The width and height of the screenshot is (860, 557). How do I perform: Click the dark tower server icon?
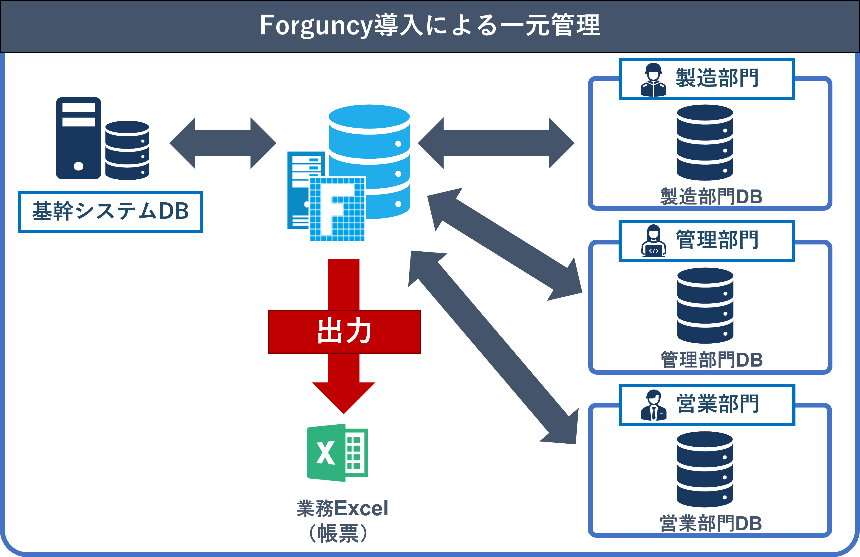point(78,138)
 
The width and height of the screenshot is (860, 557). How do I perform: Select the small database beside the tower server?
point(127,150)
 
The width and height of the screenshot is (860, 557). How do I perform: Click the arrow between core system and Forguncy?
point(223,143)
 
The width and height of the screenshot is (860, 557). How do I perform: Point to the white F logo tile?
point(338,209)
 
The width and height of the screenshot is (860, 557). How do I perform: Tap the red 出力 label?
point(344,331)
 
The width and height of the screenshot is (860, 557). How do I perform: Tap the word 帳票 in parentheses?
point(338,533)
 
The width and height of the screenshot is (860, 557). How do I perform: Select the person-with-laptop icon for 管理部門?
point(653,241)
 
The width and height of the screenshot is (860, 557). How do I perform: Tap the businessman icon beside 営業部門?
point(654,405)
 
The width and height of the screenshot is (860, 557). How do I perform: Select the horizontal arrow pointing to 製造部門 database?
point(496,143)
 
